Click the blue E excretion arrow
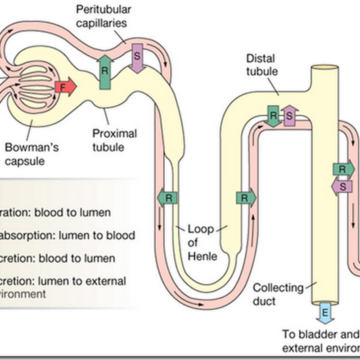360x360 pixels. click(323, 314)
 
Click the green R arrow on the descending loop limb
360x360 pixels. click(167, 197)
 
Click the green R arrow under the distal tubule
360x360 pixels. click(273, 116)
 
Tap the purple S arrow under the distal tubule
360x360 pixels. click(289, 116)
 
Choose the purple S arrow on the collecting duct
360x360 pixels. click(342, 186)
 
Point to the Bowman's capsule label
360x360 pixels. click(31, 153)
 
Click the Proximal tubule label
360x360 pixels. click(114, 140)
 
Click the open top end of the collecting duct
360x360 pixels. click(325, 67)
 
